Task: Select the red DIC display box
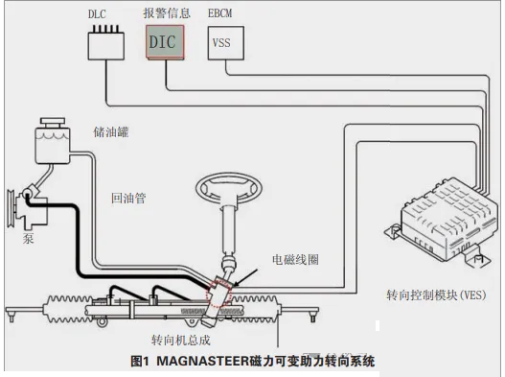[x=165, y=42]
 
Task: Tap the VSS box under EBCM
[x=226, y=43]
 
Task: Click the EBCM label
[x=219, y=13]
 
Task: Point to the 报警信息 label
[x=167, y=13]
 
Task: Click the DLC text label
[x=97, y=14]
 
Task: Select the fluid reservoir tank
[x=52, y=145]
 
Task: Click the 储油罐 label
[x=111, y=132]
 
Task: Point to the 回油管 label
[x=128, y=198]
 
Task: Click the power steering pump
[x=28, y=208]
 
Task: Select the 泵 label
[x=28, y=238]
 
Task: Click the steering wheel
[x=229, y=188]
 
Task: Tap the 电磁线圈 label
[x=296, y=260]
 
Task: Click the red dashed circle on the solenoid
[x=219, y=294]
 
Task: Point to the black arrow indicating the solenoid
[x=245, y=277]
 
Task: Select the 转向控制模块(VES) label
[x=436, y=295]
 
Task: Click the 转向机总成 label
[x=181, y=341]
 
